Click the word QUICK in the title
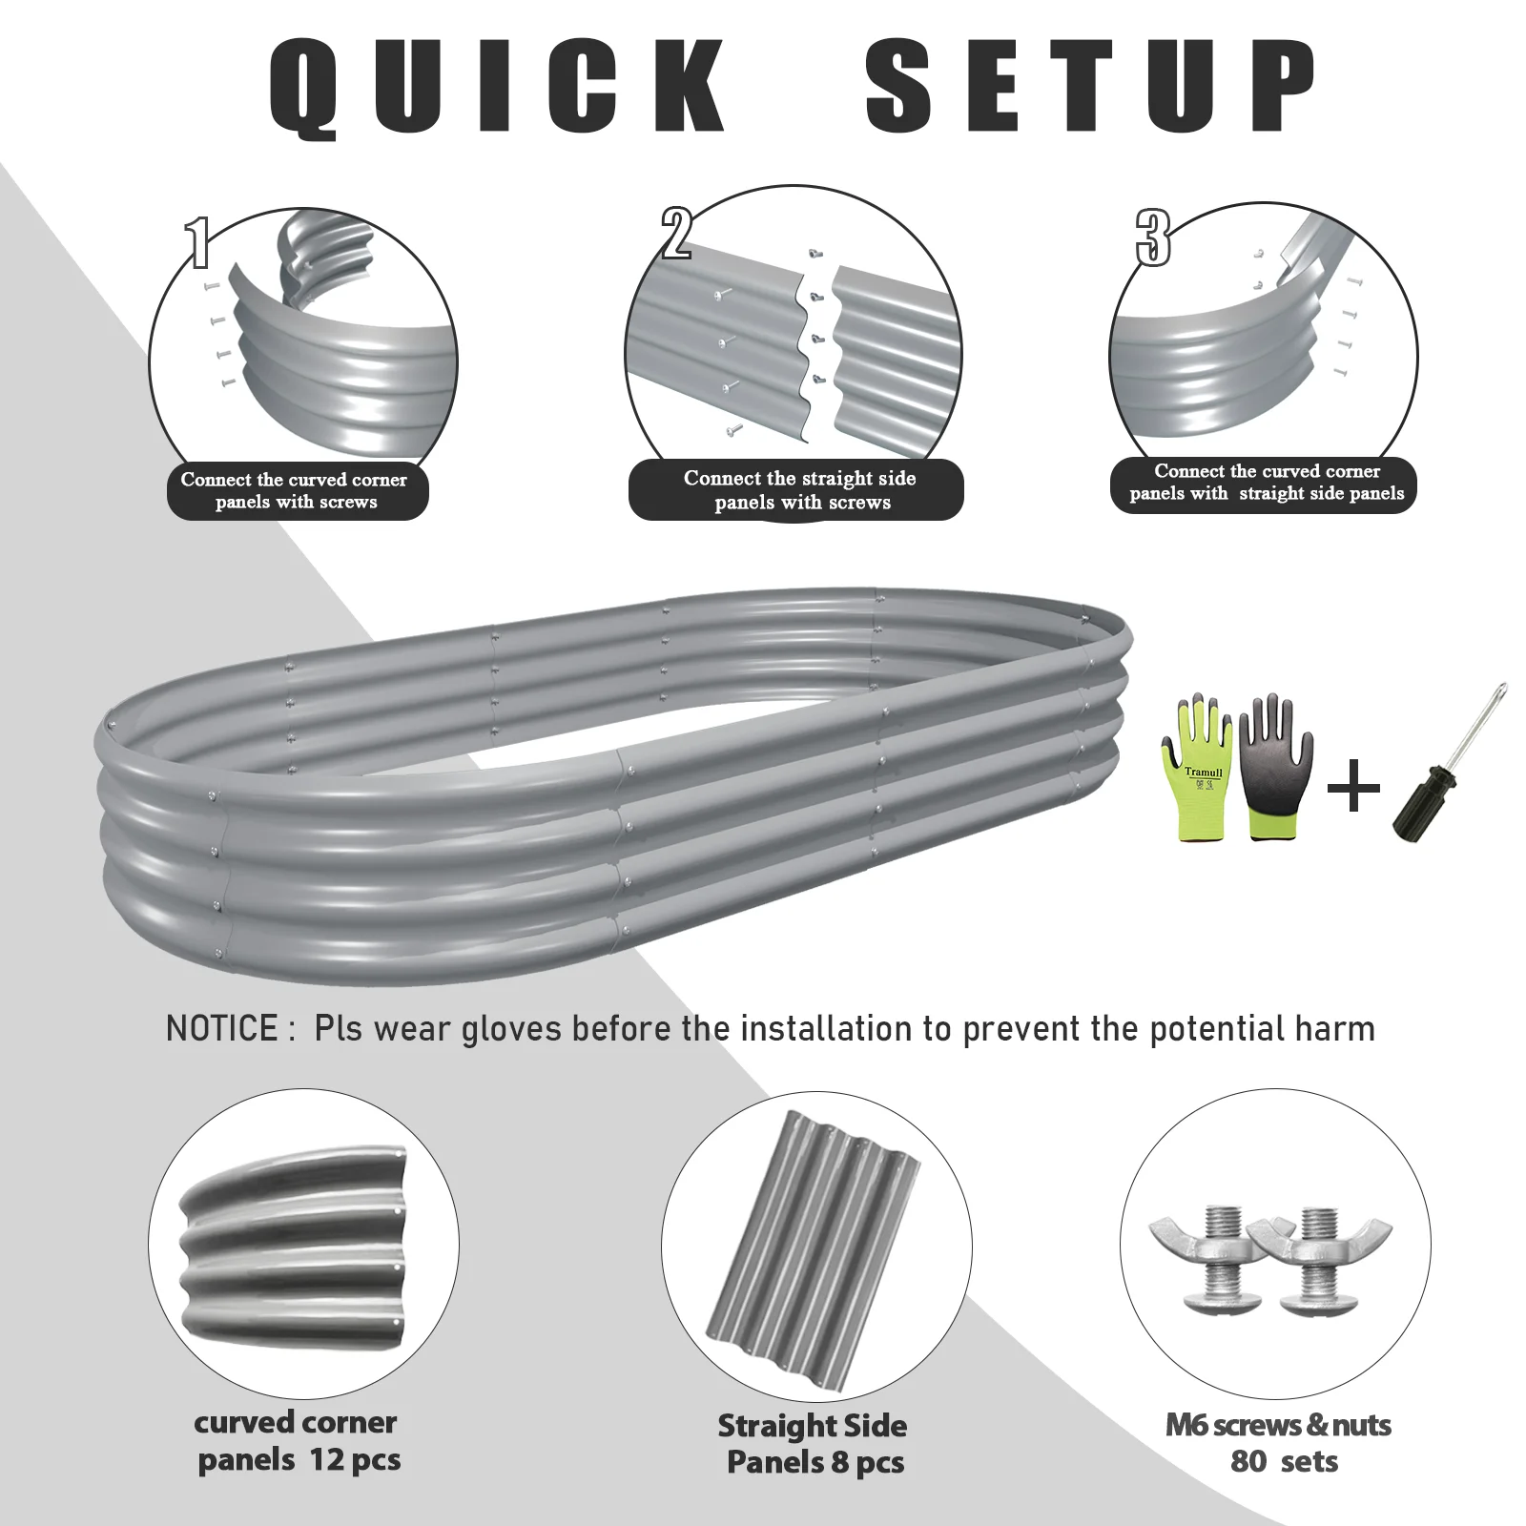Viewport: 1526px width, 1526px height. click(x=496, y=86)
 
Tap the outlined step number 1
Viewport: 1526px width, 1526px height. click(x=197, y=242)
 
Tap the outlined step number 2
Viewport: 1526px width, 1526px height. click(x=676, y=234)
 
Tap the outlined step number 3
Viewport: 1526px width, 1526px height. click(x=1152, y=237)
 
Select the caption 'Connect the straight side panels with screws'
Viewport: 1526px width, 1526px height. click(x=799, y=490)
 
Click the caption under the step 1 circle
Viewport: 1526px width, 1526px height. click(x=296, y=490)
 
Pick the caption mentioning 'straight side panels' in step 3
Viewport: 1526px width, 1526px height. click(x=1266, y=483)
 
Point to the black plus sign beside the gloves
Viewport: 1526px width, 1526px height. click(x=1353, y=788)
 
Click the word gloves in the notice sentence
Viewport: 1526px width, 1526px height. click(x=511, y=1028)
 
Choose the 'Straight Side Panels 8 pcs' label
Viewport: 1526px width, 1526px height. click(x=813, y=1443)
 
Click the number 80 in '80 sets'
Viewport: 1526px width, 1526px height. click(x=1248, y=1461)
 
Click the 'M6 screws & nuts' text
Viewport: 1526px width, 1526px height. click(x=1278, y=1425)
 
